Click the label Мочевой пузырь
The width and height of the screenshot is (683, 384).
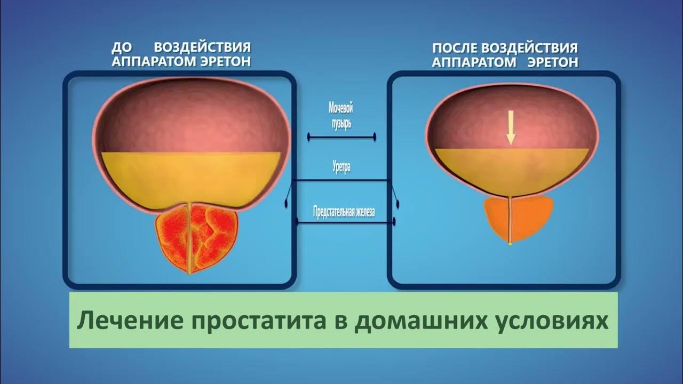coord(341,115)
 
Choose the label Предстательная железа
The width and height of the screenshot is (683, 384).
coord(344,212)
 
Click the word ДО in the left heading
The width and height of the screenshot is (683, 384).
coord(122,49)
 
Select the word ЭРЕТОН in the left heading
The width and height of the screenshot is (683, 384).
coord(226,62)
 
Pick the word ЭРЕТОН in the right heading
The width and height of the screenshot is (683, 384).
coord(553,62)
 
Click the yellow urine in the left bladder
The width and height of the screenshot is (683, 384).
coord(190,176)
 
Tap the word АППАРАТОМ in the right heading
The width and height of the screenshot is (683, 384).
coord(474,62)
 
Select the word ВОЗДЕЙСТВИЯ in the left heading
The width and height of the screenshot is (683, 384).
coord(202,49)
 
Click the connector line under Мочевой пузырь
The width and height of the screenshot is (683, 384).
coord(341,137)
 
